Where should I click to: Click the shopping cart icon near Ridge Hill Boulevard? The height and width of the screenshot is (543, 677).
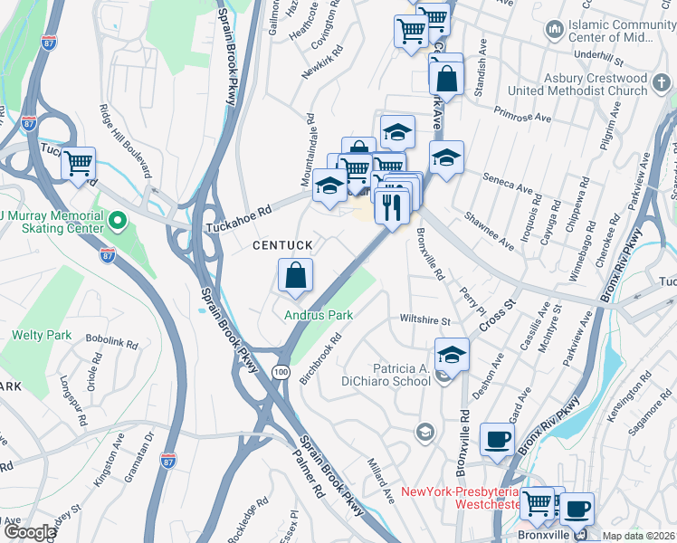click(x=80, y=165)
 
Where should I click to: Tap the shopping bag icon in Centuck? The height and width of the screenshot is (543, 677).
click(x=296, y=276)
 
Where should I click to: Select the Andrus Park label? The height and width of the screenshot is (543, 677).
click(x=318, y=316)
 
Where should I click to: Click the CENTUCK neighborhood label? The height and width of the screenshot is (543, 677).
click(x=282, y=245)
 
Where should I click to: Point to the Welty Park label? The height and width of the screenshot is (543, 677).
click(x=42, y=335)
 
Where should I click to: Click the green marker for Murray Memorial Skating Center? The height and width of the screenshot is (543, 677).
click(x=116, y=220)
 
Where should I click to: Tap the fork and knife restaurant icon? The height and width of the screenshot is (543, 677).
click(x=392, y=207)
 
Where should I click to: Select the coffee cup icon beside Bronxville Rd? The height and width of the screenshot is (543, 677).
click(x=496, y=440)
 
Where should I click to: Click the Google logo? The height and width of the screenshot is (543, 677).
click(x=30, y=532)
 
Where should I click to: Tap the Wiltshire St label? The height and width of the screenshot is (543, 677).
click(x=425, y=320)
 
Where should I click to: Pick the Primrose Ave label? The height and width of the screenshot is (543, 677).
click(x=522, y=116)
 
